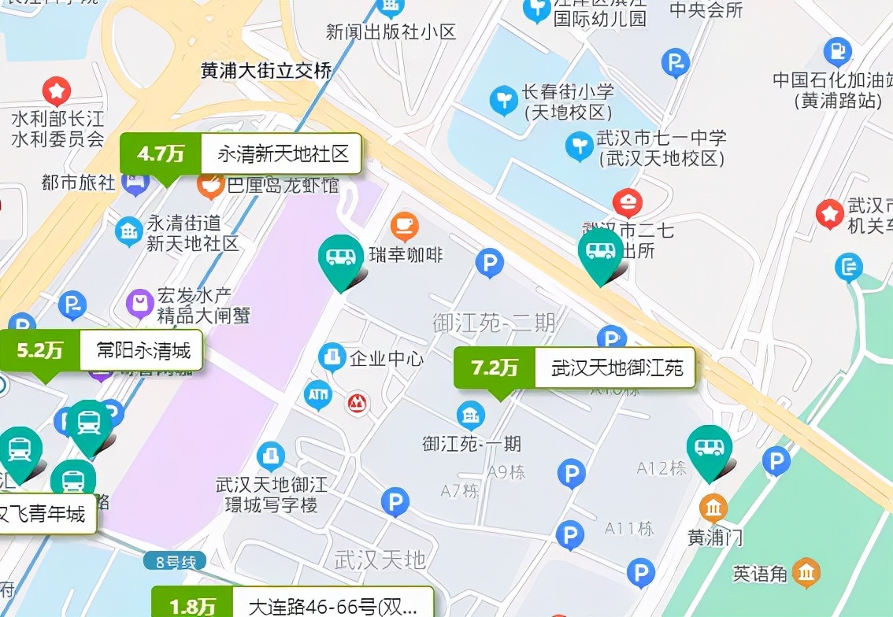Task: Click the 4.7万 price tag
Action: coord(161,153)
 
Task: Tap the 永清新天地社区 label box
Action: coord(282,153)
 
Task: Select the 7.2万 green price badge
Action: coord(495,368)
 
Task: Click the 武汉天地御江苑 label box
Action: coord(616,368)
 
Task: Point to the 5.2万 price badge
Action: coord(40,350)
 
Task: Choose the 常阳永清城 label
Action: coord(143,350)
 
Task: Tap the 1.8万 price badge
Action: coord(192,606)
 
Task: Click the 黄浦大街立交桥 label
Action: coord(266,71)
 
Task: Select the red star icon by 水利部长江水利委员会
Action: coord(57,91)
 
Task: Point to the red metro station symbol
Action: coord(358,405)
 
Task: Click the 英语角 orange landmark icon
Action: coord(806,573)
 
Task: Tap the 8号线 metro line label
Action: coord(175,562)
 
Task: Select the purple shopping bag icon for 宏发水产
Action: coord(140,303)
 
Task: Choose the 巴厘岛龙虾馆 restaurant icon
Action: coord(210,186)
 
